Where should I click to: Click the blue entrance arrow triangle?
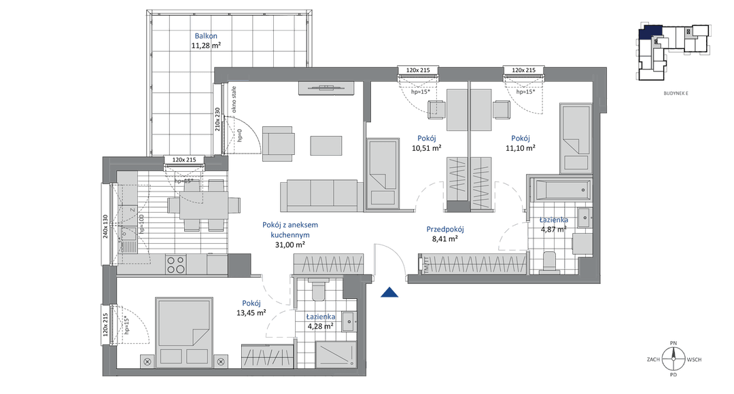389,292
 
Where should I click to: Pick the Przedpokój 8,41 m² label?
444,238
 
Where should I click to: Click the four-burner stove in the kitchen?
176,264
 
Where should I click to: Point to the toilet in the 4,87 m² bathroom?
549,262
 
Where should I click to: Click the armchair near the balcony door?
279,142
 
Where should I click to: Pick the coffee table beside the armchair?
327,145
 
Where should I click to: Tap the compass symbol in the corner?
674,358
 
